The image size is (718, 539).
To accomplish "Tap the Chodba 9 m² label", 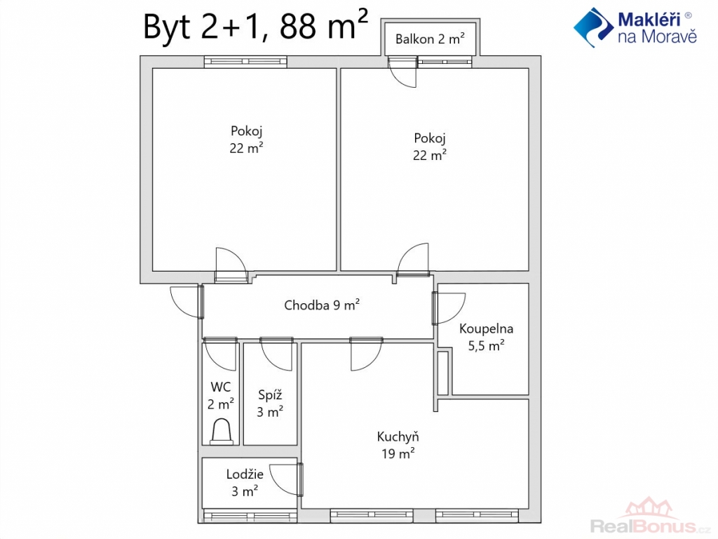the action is (x=321, y=305).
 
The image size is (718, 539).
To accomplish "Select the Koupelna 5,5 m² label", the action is (x=486, y=336).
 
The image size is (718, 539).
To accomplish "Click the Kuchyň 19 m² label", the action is (x=398, y=444).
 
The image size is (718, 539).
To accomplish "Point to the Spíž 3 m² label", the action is (x=270, y=403).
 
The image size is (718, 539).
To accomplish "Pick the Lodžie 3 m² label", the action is (x=245, y=482).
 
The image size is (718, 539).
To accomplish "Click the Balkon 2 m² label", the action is (x=430, y=39).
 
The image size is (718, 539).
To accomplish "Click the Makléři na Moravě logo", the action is (x=635, y=27).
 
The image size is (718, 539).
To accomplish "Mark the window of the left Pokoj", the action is (x=245, y=62).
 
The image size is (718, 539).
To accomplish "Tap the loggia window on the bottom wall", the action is (x=250, y=516).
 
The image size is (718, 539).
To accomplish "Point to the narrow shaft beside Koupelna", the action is (x=443, y=373).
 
